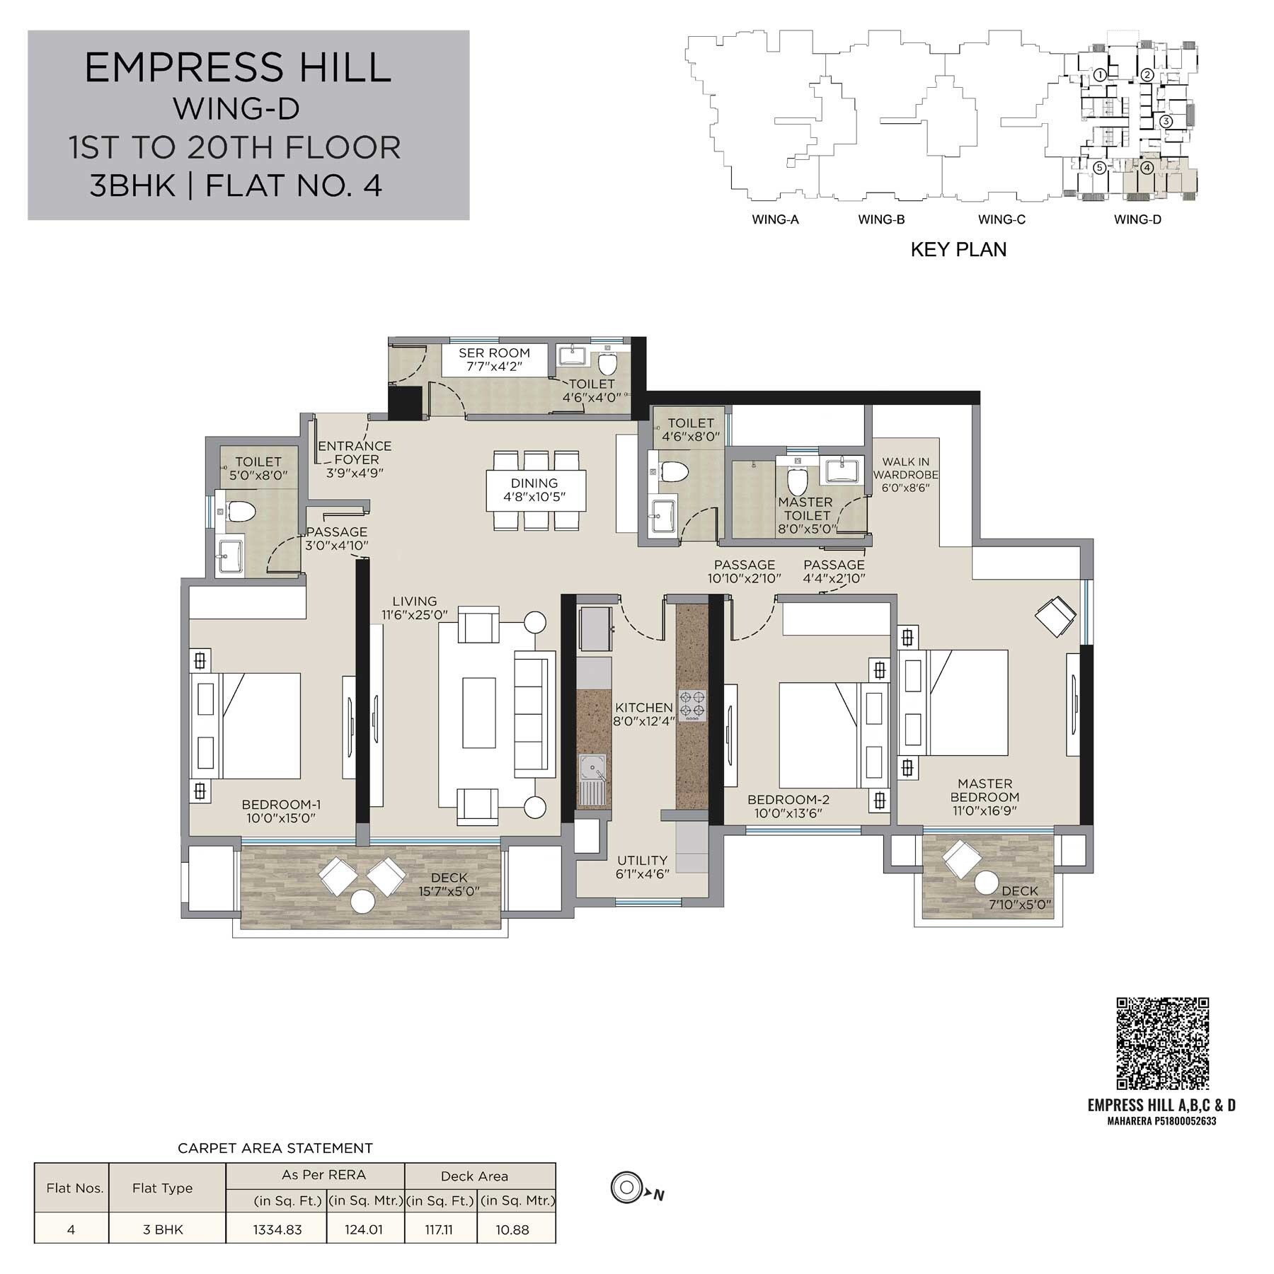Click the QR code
[1162, 1043]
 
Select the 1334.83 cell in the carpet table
[277, 1229]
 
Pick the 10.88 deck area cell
[512, 1229]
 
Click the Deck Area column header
[474, 1176]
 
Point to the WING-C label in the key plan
[1002, 219]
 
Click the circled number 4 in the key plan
[1147, 168]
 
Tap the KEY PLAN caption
[958, 250]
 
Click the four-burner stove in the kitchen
[692, 704]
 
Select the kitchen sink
[592, 768]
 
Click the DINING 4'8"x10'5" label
[534, 490]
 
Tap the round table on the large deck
[363, 902]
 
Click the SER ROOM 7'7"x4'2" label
[494, 360]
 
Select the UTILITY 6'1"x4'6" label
[642, 867]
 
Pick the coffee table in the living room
[479, 712]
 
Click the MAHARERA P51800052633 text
[1161, 1121]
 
